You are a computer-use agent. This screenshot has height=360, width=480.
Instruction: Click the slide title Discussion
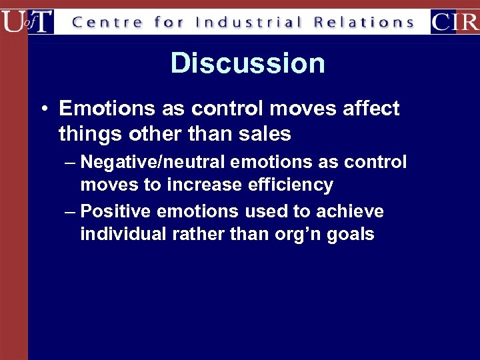pos(247,63)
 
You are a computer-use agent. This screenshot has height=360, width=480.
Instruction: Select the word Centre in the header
pos(107,22)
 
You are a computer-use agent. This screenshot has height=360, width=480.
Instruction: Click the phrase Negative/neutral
pos(151,162)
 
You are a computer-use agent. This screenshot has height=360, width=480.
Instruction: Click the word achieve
pos(351,211)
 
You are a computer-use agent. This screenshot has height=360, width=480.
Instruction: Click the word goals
pos(351,235)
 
